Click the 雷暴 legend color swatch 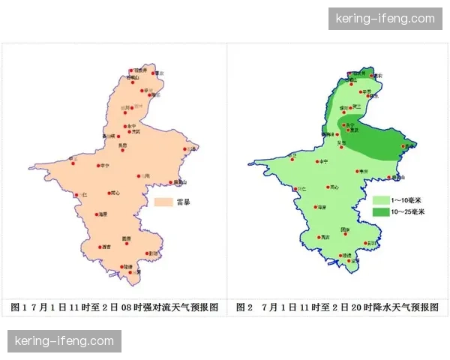coord(163,202)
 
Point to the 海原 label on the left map coord(102,214)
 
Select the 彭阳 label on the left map coord(154,253)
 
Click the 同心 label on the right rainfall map coord(334,187)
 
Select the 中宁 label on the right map coord(324,161)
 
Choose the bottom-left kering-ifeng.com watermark coord(64,341)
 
